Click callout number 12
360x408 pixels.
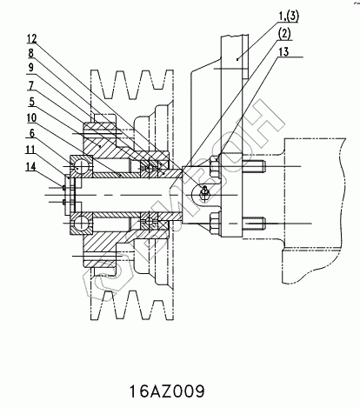click(x=32, y=38)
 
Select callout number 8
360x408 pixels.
click(x=30, y=53)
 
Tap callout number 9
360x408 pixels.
click(x=30, y=67)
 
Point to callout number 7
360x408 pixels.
click(x=30, y=85)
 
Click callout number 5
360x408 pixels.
click(x=32, y=102)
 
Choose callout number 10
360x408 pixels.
click(x=32, y=117)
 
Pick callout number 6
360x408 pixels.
click(x=32, y=133)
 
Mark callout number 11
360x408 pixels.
click(x=30, y=150)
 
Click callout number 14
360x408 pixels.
click(x=30, y=166)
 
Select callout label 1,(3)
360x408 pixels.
click(x=289, y=16)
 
